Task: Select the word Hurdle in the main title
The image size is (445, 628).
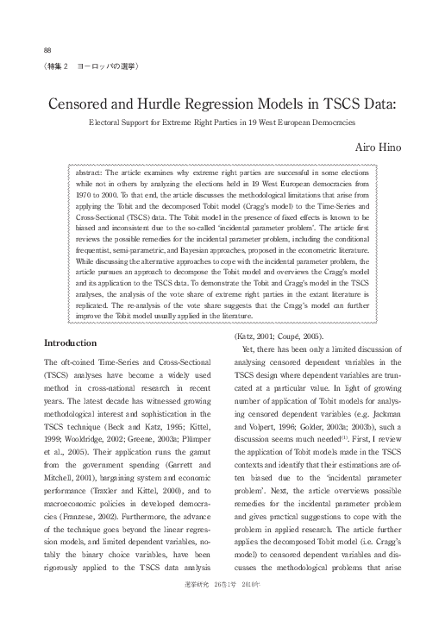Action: pos(183,105)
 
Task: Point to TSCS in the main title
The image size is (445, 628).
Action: pos(342,105)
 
